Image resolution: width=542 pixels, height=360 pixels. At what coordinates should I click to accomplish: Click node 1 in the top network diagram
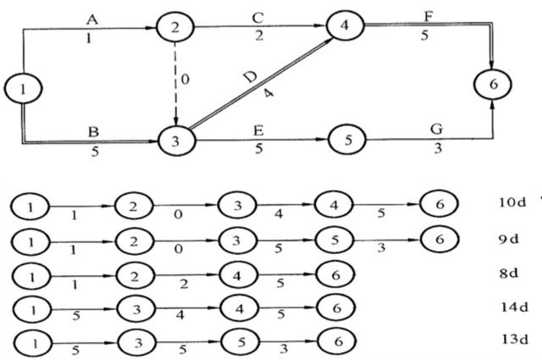tap(19, 86)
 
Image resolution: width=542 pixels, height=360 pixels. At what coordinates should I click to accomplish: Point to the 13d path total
tap(513, 341)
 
